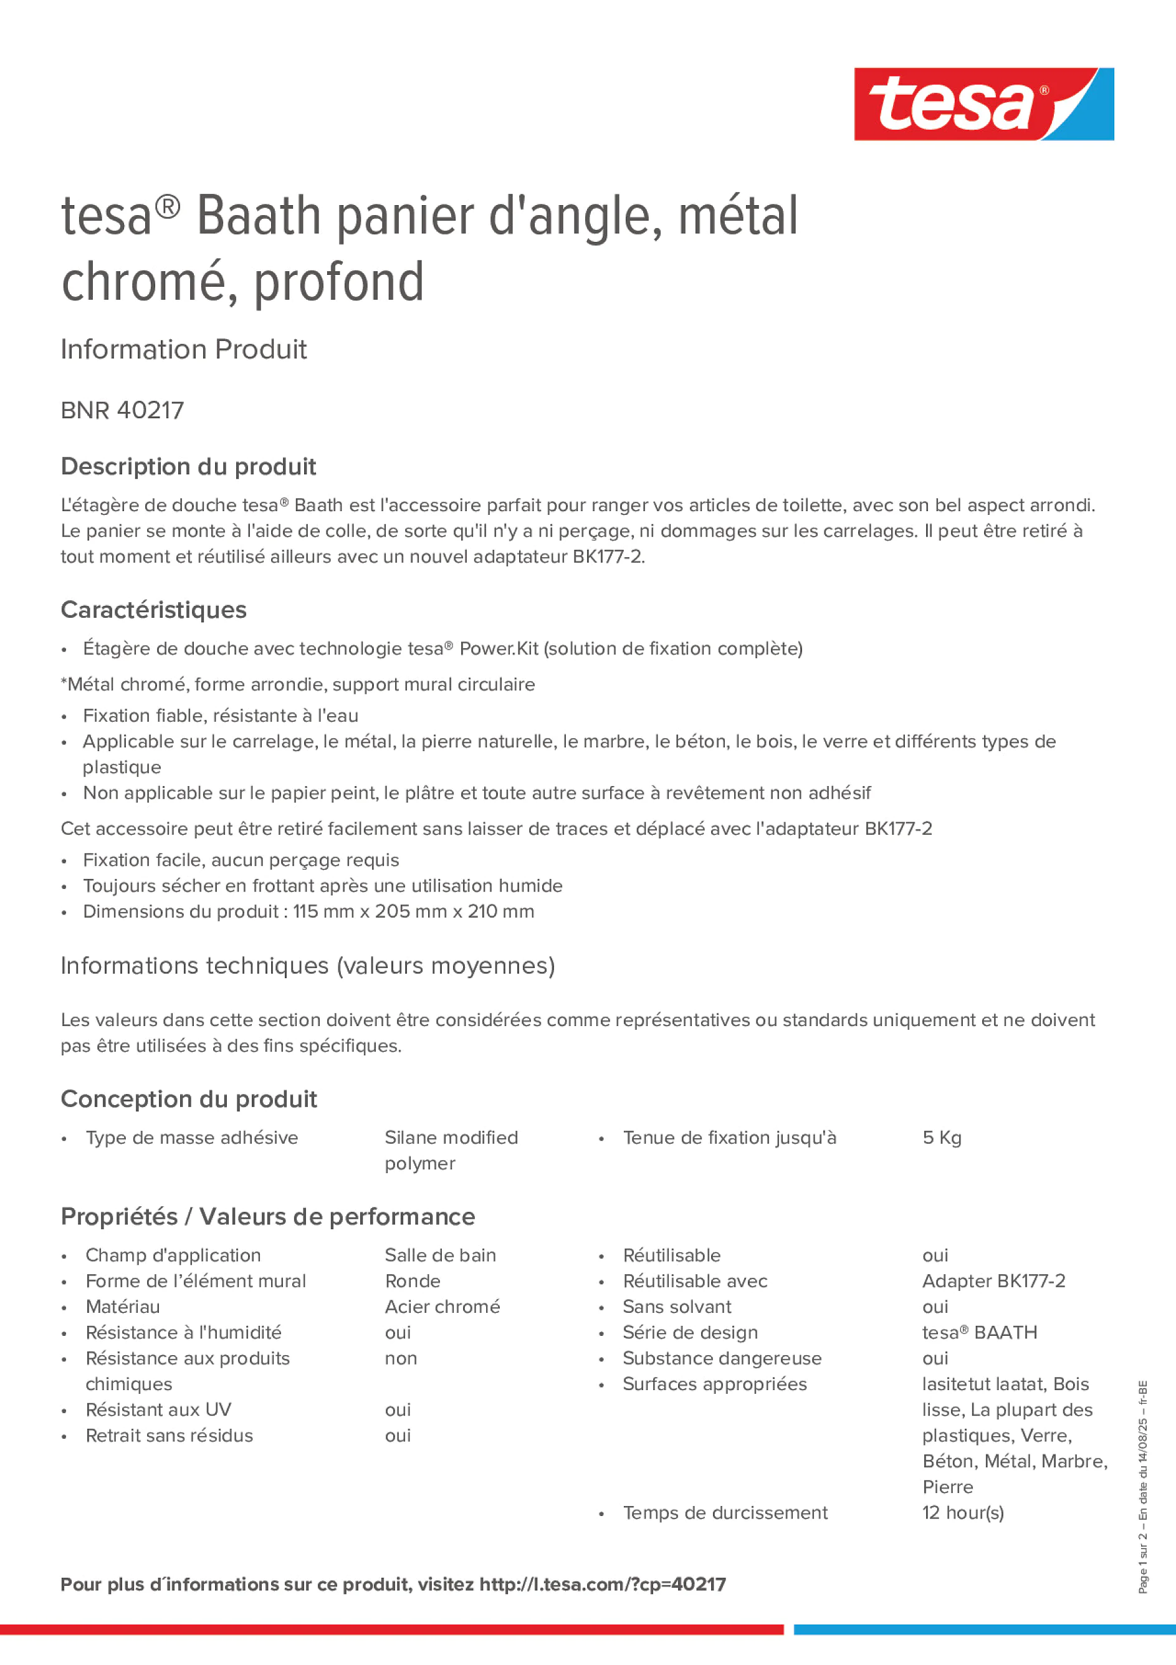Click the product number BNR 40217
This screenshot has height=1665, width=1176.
pos(123,410)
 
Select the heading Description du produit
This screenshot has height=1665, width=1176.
pos(188,466)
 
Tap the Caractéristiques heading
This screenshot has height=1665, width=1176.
pos(154,610)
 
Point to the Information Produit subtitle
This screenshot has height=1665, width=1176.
pos(183,350)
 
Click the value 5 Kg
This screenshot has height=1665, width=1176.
pos(942,1138)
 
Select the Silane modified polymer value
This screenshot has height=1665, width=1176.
pos(451,1150)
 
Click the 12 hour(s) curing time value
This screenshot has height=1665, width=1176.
pos(963,1513)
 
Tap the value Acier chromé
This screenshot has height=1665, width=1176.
pos(442,1307)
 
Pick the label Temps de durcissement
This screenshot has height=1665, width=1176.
pos(725,1513)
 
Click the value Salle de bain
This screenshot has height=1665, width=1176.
pos(440,1255)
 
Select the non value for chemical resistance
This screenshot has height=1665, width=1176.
pos(401,1358)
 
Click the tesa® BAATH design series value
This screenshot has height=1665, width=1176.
pos(980,1333)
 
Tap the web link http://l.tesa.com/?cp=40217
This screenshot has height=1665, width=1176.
pos(603,1585)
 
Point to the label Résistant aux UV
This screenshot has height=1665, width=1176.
pos(158,1410)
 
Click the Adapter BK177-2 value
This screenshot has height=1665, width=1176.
pos(993,1282)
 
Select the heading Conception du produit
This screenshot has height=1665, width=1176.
pos(188,1100)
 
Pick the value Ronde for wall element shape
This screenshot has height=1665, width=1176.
pos(413,1282)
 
